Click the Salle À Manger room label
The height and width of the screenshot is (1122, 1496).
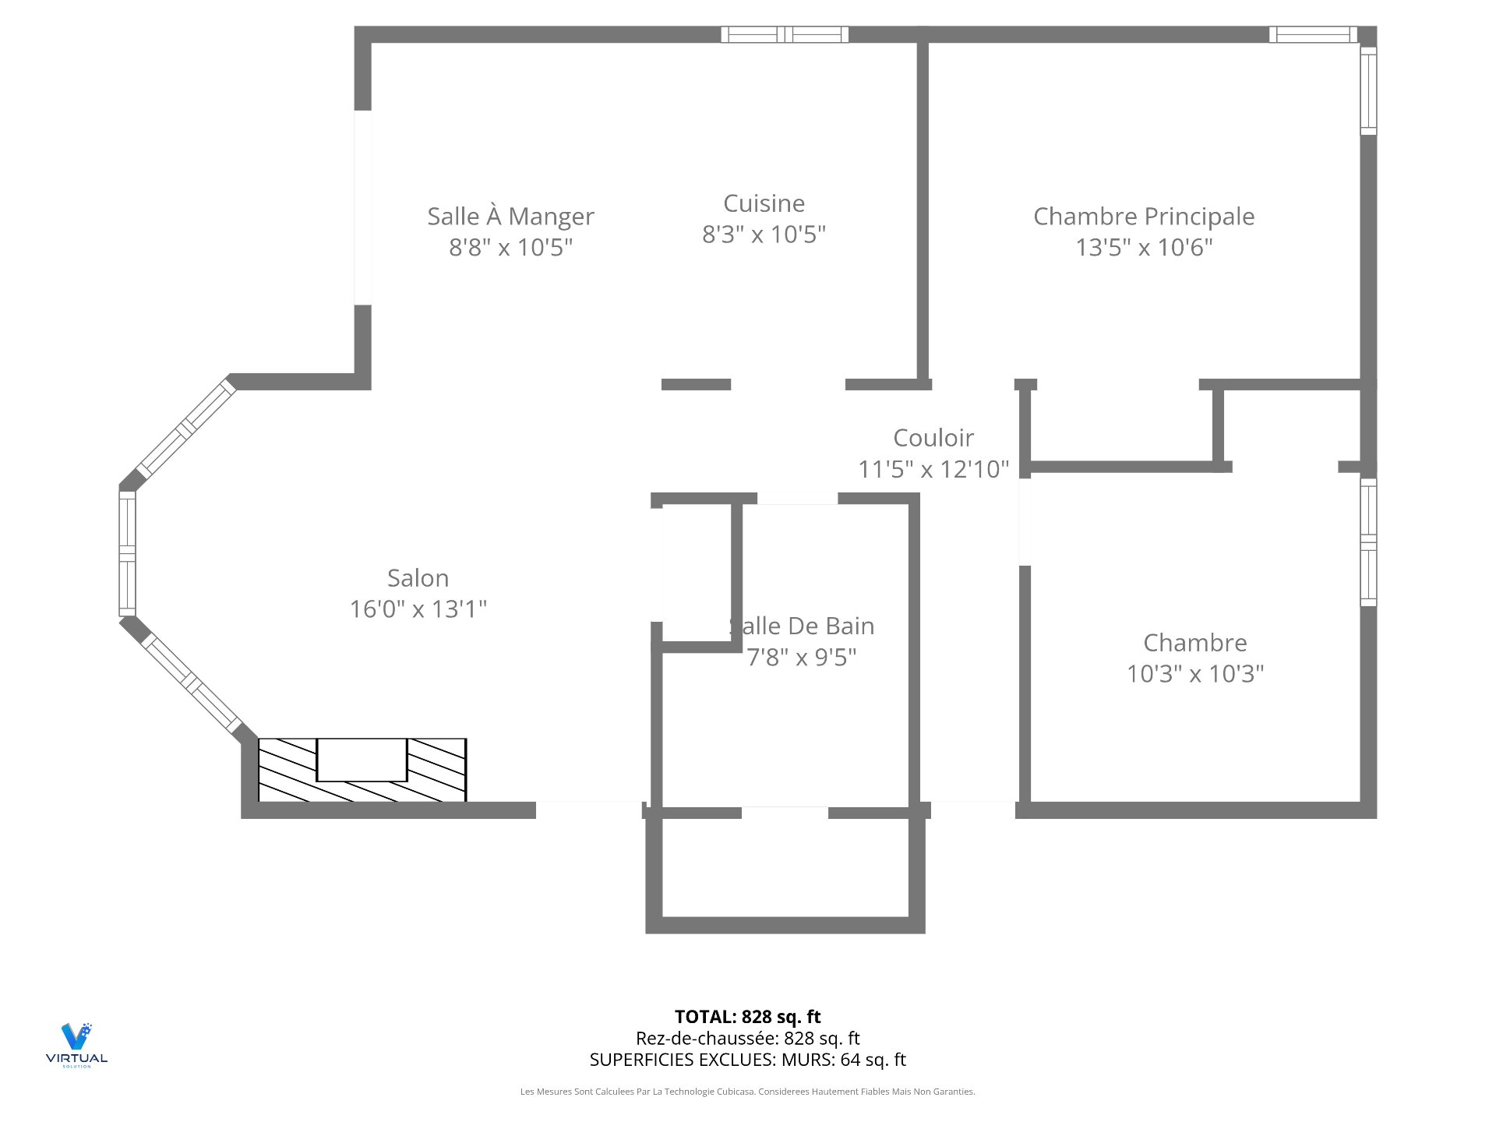click(510, 216)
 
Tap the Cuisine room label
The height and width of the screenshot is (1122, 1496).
click(764, 203)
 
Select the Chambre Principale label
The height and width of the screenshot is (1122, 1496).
click(1144, 217)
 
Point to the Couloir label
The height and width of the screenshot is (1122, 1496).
click(933, 438)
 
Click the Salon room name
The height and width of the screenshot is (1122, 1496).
click(418, 578)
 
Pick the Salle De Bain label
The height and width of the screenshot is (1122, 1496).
click(802, 626)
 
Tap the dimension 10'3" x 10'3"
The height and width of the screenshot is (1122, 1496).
click(1195, 673)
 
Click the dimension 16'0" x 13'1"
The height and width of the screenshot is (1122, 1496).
click(418, 609)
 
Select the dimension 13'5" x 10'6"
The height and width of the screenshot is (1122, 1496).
click(1144, 247)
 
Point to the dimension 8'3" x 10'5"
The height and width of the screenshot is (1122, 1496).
click(764, 234)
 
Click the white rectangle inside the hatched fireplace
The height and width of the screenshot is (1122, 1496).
click(362, 760)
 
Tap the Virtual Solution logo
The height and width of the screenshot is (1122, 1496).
click(76, 1045)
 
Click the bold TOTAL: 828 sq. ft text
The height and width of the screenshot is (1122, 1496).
click(747, 1017)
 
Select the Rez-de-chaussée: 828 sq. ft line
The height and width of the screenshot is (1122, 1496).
click(747, 1038)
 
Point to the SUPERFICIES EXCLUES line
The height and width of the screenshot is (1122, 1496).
click(747, 1060)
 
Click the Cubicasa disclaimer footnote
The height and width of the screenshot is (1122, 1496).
click(747, 1092)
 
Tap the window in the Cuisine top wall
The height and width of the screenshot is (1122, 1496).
click(785, 34)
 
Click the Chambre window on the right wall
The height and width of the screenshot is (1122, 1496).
click(1368, 542)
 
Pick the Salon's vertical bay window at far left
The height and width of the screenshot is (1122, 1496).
click(127, 553)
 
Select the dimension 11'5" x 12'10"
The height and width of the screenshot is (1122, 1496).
click(933, 469)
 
